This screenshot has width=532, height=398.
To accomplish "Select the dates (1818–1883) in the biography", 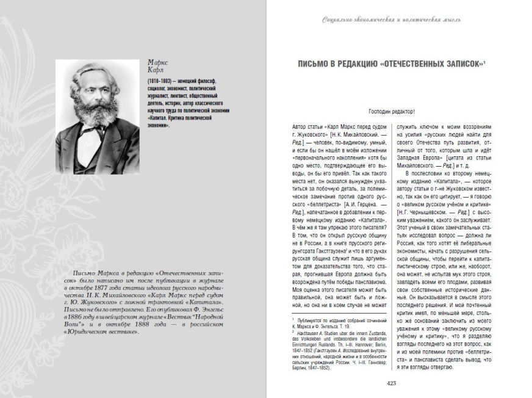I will (x=160, y=81).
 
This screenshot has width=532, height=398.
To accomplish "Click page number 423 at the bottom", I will (x=393, y=383).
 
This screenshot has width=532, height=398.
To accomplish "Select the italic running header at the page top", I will (x=392, y=19).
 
